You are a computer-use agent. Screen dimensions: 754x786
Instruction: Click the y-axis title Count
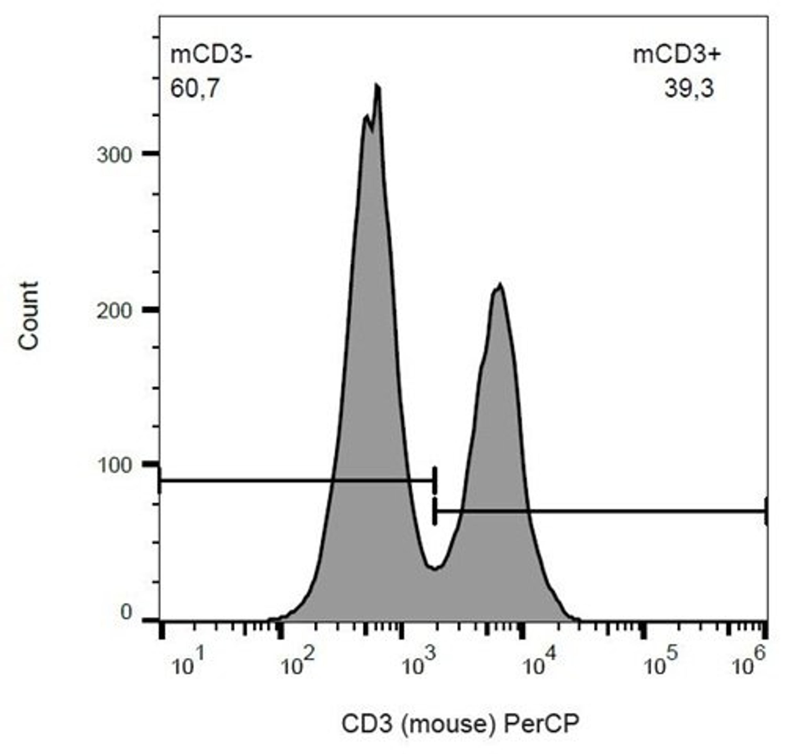point(29,316)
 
